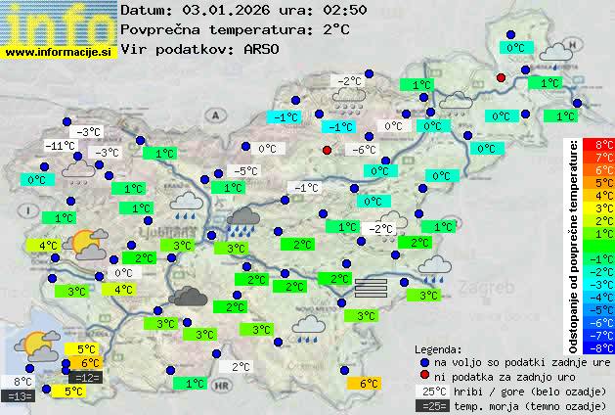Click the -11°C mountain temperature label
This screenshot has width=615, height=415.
[x=61, y=146]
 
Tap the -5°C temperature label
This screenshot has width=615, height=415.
[x=245, y=171]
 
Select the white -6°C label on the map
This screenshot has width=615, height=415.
[x=364, y=150]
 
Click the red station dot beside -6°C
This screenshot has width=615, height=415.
[x=328, y=150]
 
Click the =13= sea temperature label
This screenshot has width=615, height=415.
[x=19, y=396]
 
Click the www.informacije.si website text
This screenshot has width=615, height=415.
[x=59, y=51]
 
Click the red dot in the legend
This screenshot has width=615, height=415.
[x=424, y=376]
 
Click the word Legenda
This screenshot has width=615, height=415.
[x=439, y=348]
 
